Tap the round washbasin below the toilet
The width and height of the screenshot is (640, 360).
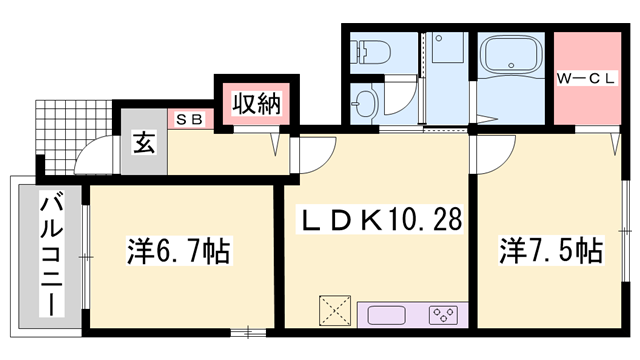point(364,101)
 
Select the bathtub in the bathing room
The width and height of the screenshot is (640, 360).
point(510,65)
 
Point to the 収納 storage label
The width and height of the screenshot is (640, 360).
point(256,102)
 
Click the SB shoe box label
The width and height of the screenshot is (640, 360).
point(190,119)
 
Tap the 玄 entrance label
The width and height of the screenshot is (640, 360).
point(142,142)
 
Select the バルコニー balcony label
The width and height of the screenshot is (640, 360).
point(47,256)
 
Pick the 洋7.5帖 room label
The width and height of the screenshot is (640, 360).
point(551,250)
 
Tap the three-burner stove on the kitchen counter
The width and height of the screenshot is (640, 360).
point(441,315)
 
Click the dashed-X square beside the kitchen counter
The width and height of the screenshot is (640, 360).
point(334,309)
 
